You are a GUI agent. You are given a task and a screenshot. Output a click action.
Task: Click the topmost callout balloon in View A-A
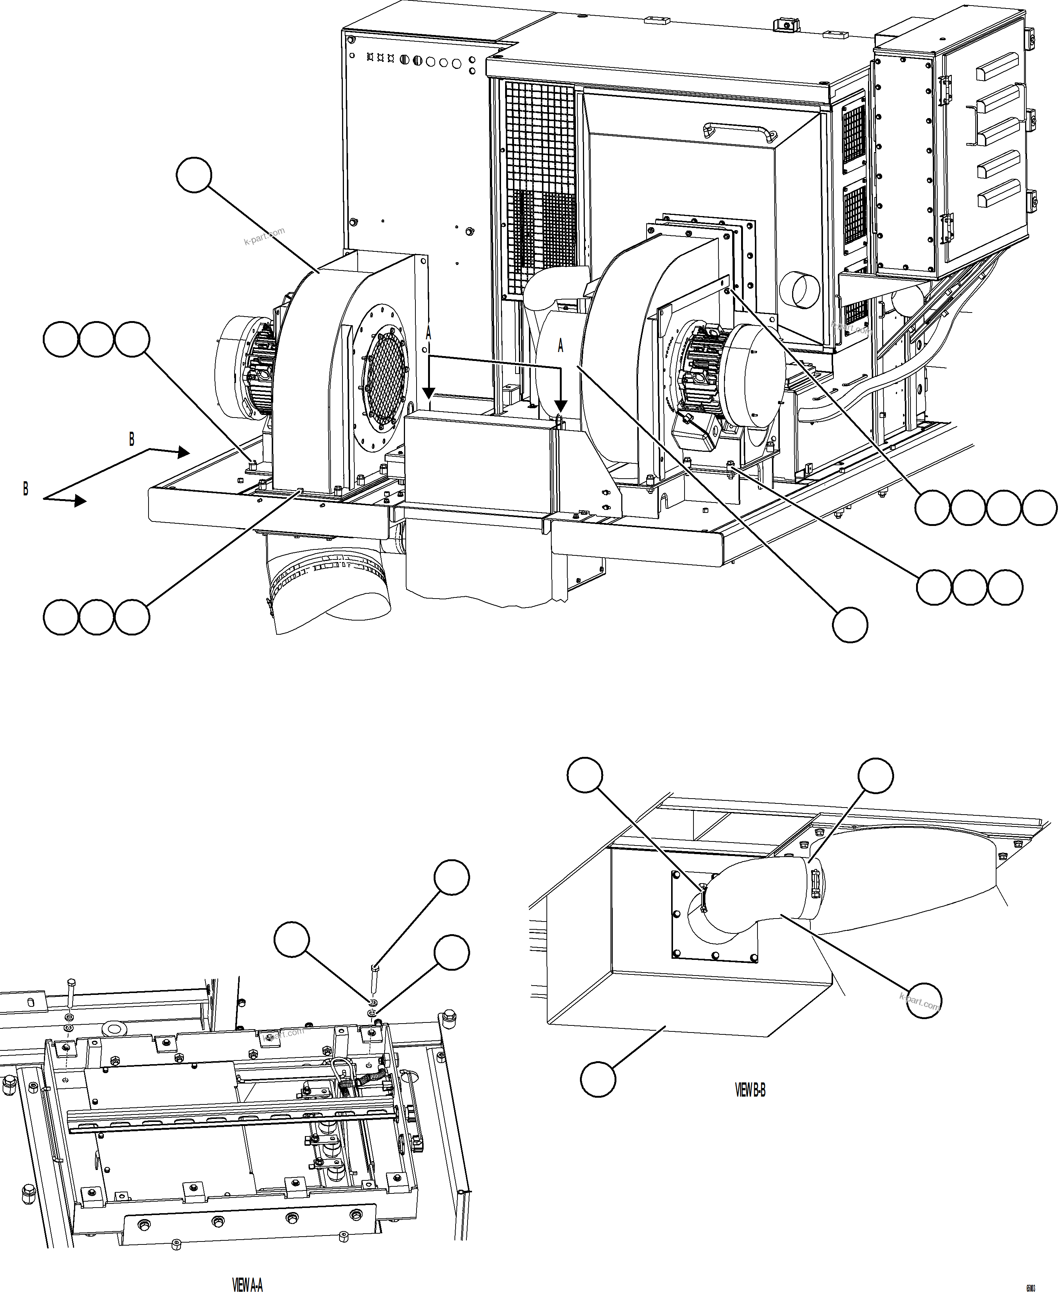click(452, 877)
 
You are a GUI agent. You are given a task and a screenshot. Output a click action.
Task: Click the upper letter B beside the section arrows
click(131, 439)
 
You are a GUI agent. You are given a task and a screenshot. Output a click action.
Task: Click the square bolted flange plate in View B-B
click(714, 916)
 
